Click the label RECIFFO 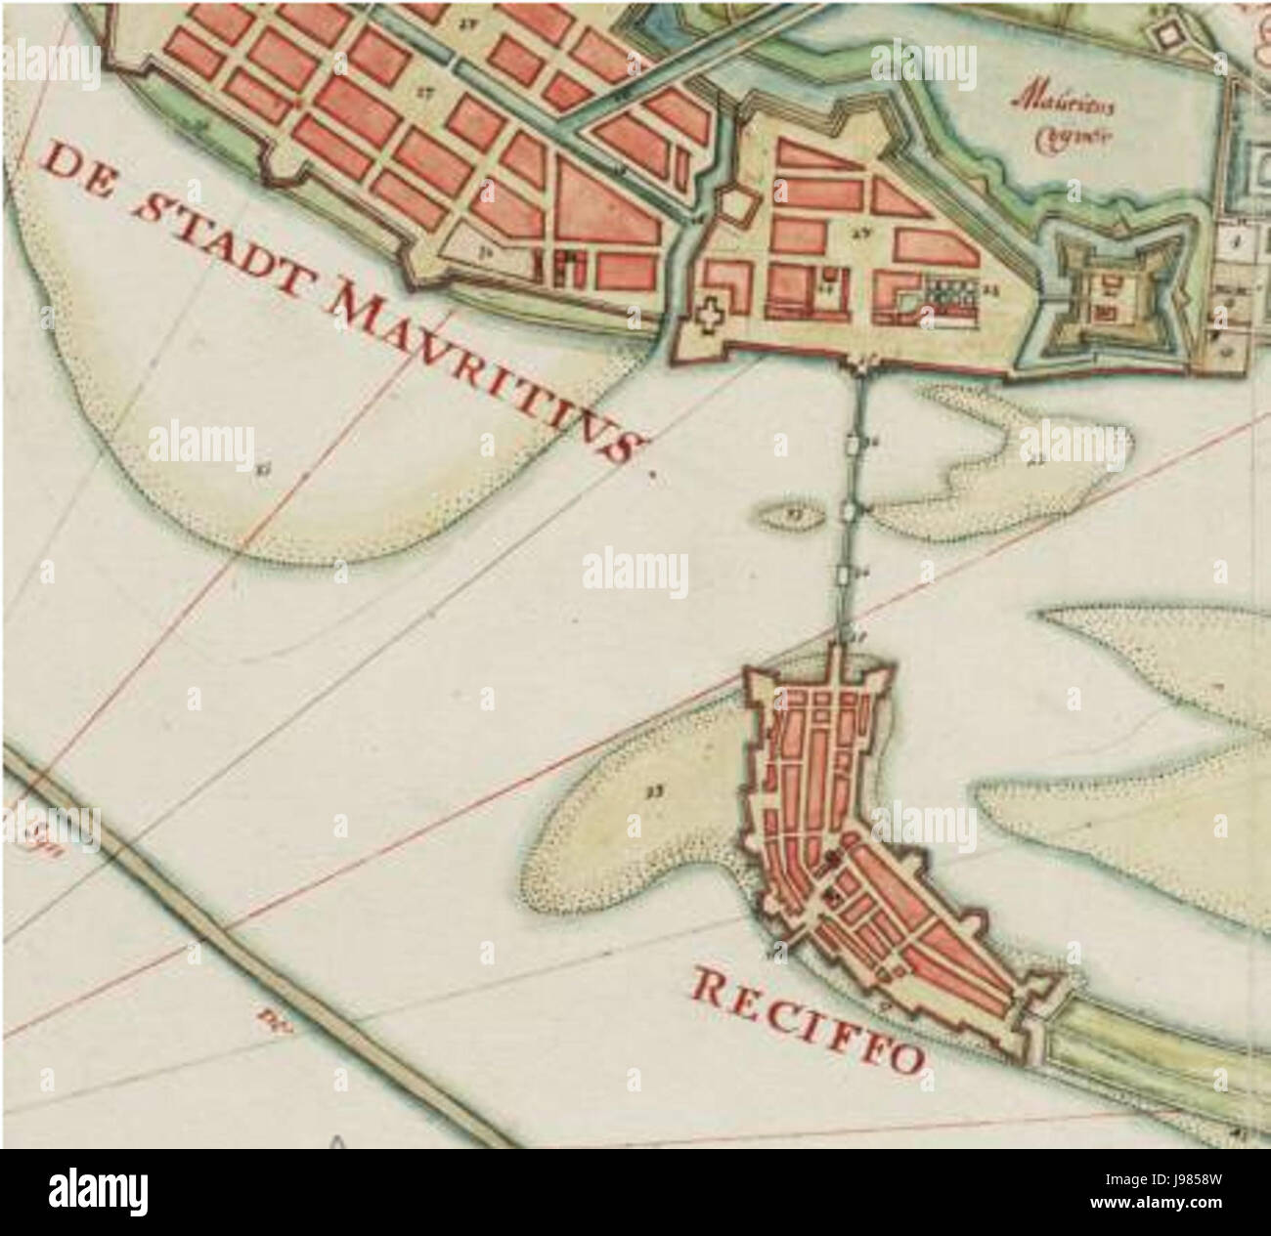pyautogui.click(x=810, y=1019)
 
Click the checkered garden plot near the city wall pyautogui.click(x=946, y=293)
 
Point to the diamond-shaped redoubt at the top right pyautogui.click(x=1168, y=35)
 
